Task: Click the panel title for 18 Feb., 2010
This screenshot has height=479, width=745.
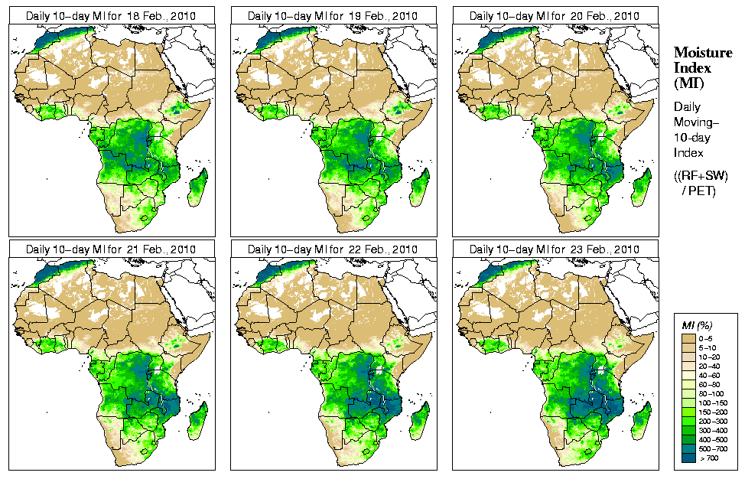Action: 110,15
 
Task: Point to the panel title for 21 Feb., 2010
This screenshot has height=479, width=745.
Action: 110,249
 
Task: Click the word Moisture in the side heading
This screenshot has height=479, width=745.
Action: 698,52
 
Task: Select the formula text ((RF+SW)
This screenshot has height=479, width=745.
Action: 701,176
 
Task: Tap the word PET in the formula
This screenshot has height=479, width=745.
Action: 705,191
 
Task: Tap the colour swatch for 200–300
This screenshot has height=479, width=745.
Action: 689,420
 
